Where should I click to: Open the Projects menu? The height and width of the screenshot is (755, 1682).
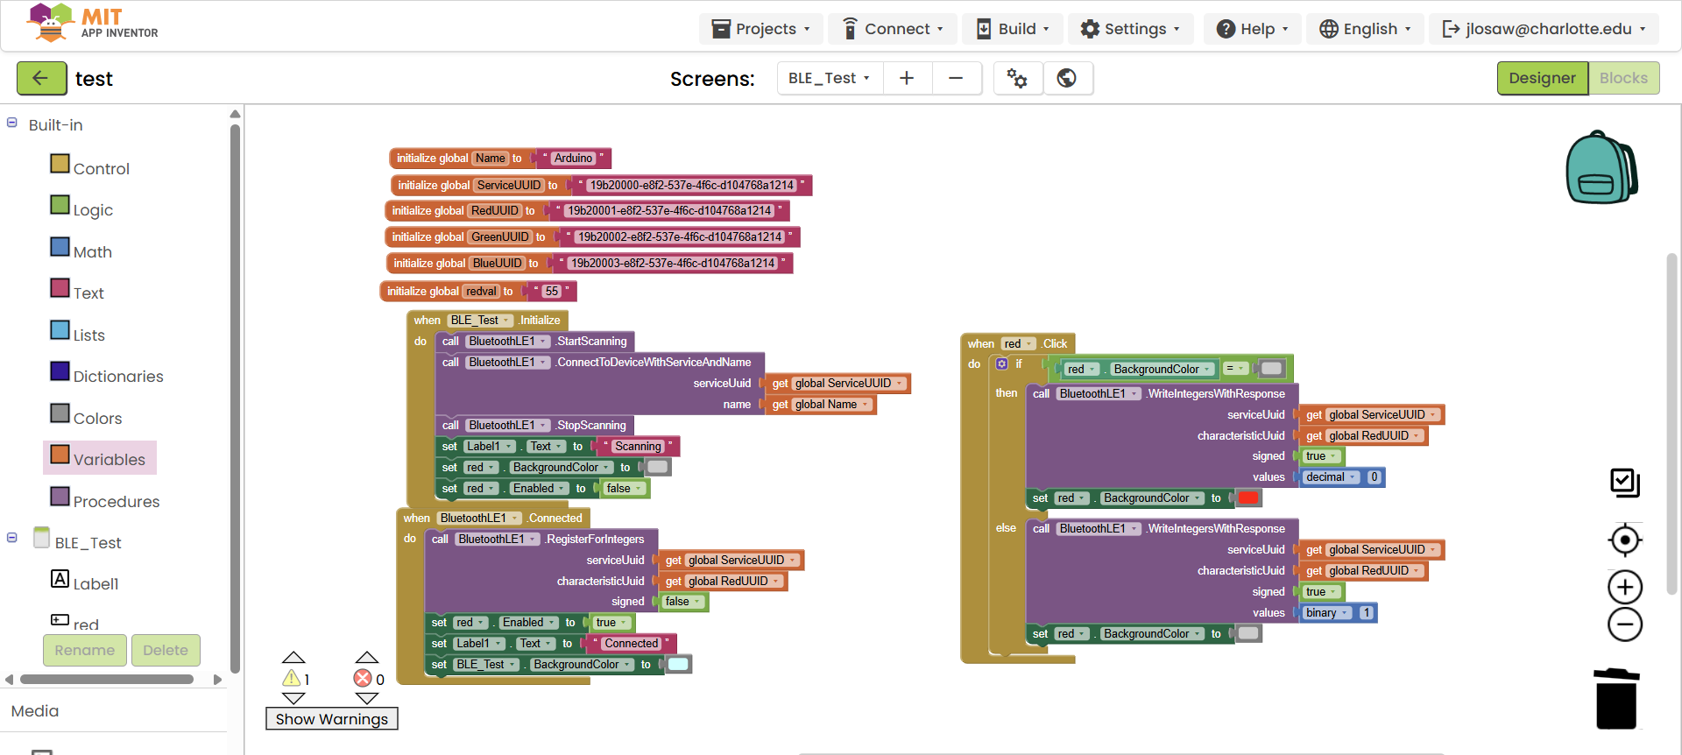pyautogui.click(x=760, y=29)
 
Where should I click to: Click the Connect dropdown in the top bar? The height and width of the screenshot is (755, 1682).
pyautogui.click(x=893, y=29)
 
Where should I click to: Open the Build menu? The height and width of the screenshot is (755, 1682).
pyautogui.click(x=1012, y=29)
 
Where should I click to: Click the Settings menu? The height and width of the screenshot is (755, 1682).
pyautogui.click(x=1130, y=29)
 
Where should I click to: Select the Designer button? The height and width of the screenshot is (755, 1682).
pyautogui.click(x=1542, y=78)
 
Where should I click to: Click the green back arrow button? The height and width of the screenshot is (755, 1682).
pyautogui.click(x=41, y=78)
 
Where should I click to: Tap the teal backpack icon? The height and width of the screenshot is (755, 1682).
pyautogui.click(x=1601, y=167)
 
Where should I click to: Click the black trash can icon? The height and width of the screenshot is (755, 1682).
pyautogui.click(x=1616, y=699)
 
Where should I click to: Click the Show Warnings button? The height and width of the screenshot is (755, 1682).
pyautogui.click(x=332, y=719)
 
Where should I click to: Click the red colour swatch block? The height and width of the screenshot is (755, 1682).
pyautogui.click(x=1248, y=498)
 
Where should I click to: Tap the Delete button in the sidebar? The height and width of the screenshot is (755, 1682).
pyautogui.click(x=166, y=650)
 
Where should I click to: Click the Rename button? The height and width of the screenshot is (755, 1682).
pyautogui.click(x=85, y=650)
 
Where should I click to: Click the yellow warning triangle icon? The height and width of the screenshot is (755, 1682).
pyautogui.click(x=292, y=679)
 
